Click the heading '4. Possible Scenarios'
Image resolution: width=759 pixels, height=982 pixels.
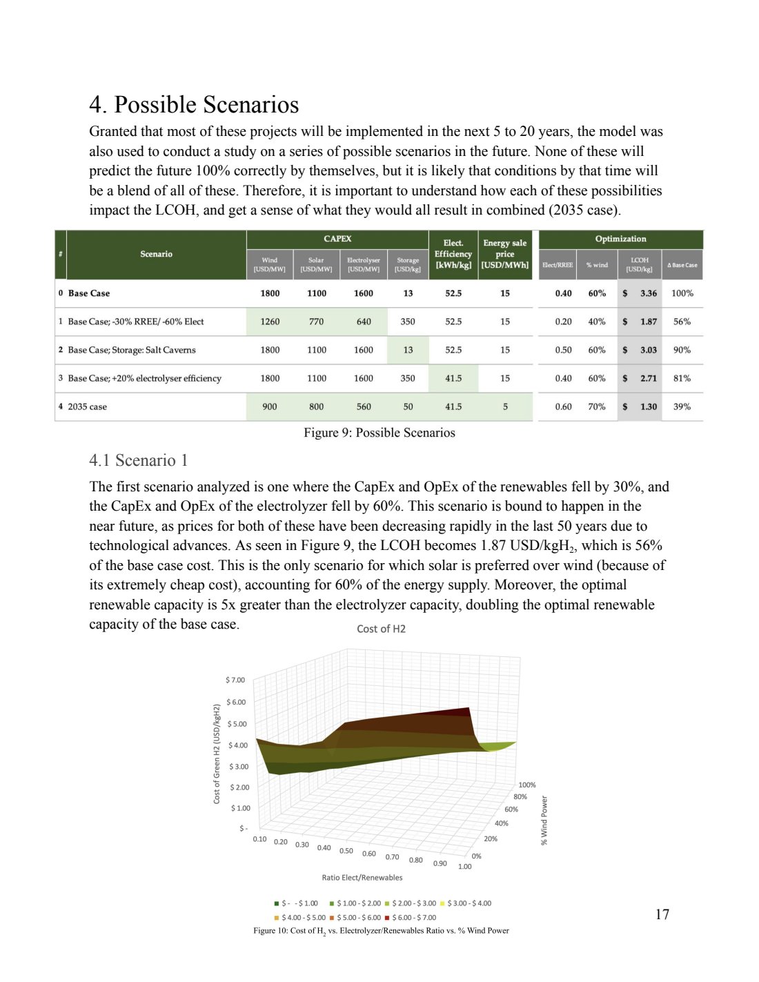(x=194, y=105)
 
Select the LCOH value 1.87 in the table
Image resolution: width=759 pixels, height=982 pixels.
(x=648, y=322)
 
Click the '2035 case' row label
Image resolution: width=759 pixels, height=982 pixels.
(x=87, y=406)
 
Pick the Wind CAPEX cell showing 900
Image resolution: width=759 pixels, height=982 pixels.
(x=270, y=406)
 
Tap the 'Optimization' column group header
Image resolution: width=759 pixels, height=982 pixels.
(x=620, y=239)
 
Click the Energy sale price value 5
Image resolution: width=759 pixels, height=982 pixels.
(x=505, y=406)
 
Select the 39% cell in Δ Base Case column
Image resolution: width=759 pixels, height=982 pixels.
(x=682, y=406)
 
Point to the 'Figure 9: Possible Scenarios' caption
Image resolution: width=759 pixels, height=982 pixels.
(x=379, y=433)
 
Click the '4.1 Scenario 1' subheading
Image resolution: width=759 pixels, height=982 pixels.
(x=138, y=460)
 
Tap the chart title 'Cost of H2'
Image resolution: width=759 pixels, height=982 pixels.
(x=381, y=629)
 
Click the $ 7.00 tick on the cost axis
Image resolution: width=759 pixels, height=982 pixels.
(x=235, y=680)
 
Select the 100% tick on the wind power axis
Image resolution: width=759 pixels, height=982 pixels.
(x=526, y=785)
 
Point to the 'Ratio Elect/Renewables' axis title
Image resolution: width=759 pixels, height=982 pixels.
(x=362, y=878)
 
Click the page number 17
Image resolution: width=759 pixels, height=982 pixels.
(x=662, y=914)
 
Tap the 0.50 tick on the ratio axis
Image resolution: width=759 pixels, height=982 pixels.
(x=346, y=851)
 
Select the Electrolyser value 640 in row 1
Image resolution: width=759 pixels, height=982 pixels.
(x=364, y=322)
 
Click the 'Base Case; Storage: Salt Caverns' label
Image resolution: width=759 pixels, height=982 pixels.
(x=131, y=350)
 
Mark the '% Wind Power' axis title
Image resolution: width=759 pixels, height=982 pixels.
(x=544, y=821)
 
